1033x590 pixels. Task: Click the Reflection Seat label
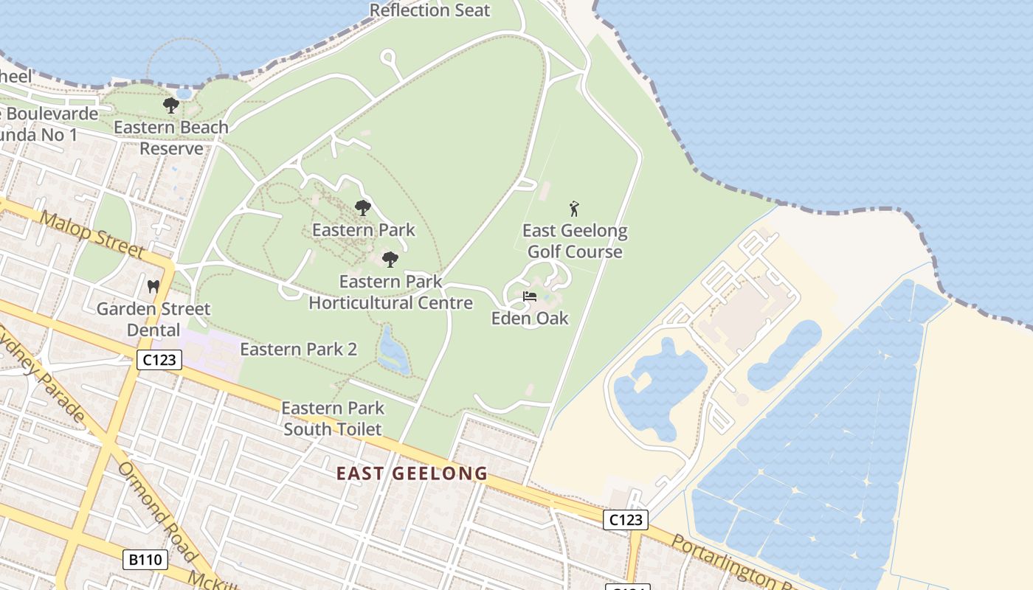tap(429, 10)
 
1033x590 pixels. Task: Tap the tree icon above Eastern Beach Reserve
tap(171, 105)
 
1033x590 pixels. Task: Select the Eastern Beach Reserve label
tap(171, 138)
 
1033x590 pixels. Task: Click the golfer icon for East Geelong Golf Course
tap(574, 209)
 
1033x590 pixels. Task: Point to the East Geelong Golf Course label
tap(575, 241)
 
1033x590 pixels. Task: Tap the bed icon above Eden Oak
tap(530, 296)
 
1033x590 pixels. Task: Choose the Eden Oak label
tap(530, 319)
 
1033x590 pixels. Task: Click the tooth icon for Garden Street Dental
tap(153, 286)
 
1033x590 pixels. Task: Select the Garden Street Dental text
tap(153, 319)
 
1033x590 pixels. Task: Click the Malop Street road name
tap(91, 234)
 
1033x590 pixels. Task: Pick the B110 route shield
tap(145, 560)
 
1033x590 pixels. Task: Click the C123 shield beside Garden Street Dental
tap(159, 360)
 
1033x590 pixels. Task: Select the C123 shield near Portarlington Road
tap(626, 519)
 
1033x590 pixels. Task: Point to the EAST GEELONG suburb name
tap(412, 473)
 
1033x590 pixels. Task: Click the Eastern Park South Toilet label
tap(333, 418)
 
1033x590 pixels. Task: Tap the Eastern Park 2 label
tap(299, 349)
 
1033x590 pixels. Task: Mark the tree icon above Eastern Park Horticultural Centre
tap(390, 259)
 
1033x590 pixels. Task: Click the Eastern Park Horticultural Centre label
tap(390, 292)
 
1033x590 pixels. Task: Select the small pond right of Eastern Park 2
tap(393, 350)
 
